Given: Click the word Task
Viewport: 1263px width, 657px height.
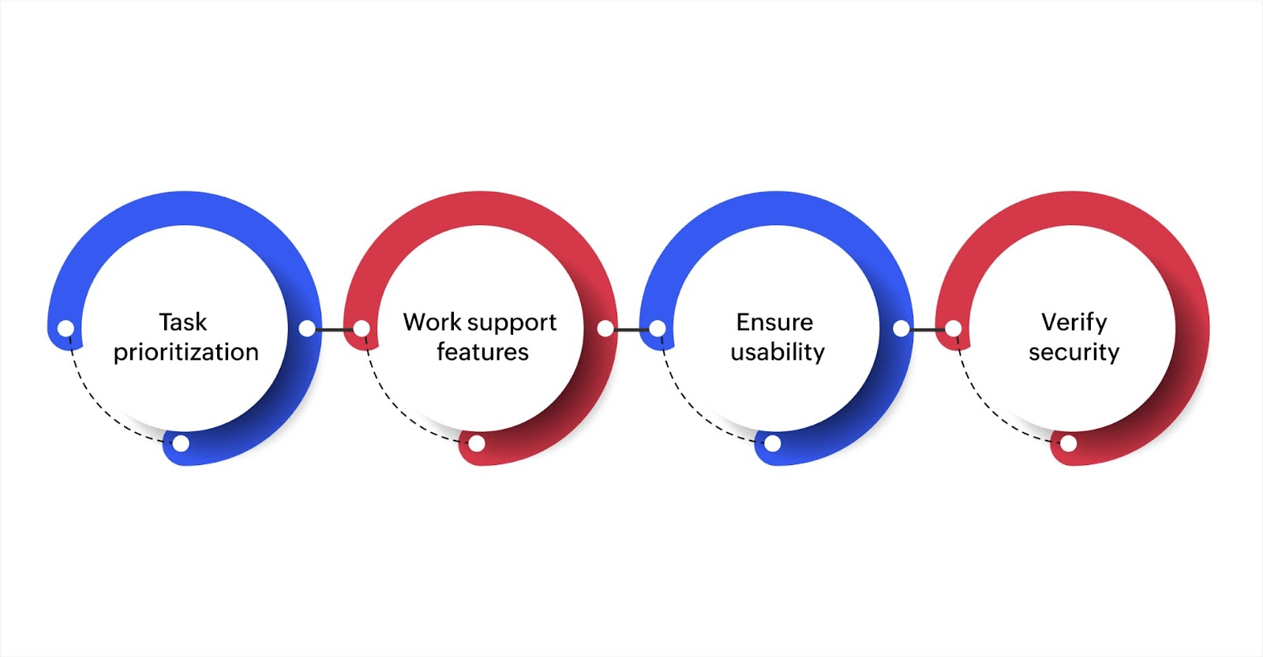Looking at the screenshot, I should pos(182,322).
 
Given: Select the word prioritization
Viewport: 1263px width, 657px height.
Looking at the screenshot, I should pos(186,352).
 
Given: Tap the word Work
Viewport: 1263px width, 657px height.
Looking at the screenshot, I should pos(432,322).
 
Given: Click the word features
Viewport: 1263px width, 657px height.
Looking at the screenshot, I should pos(482,352).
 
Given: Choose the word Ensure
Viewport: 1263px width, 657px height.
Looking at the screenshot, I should pos(774,322).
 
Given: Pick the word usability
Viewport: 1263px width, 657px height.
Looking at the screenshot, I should pos(778,352).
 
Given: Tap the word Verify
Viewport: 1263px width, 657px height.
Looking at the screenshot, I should pos(1074,322).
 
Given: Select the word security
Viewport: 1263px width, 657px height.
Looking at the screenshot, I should pos(1074,352).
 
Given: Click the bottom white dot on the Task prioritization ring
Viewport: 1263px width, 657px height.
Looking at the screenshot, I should pos(181,443).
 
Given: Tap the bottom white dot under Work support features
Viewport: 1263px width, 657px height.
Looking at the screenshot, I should pos(477,443).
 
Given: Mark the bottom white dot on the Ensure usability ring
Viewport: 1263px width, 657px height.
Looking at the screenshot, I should pos(773,443).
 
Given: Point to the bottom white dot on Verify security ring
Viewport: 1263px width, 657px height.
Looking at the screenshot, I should pos(1068,443).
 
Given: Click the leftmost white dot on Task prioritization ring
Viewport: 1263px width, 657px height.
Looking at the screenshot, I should pos(66,328).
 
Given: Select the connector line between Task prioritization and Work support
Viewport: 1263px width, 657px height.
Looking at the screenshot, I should pos(335,328).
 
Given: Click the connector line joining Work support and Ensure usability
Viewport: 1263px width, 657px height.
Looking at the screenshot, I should pos(631,328).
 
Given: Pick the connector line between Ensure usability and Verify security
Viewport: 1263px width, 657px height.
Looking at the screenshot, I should pos(928,328).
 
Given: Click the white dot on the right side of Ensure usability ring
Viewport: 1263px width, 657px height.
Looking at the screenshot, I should pos(901,328).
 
